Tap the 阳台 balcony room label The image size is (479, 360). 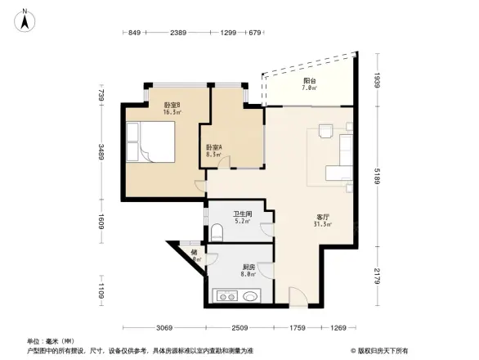coord(309,84)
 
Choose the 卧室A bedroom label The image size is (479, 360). coord(214,150)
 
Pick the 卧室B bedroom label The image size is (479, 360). coord(148,107)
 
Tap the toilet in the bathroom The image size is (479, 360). coord(217,232)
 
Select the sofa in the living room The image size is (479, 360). coord(342,160)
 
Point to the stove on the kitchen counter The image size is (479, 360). coord(222,297)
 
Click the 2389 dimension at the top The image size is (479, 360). coord(178,33)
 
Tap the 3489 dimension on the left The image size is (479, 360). coord(101,152)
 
